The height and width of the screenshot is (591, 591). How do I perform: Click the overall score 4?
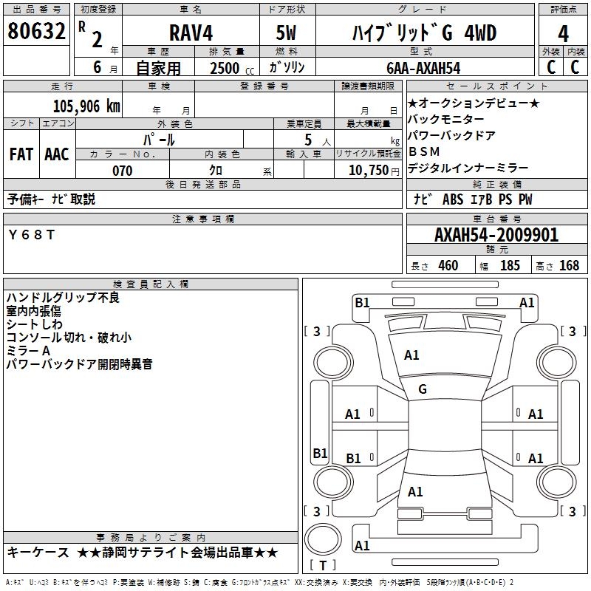(563, 34)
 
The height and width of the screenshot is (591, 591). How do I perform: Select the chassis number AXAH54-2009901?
(496, 236)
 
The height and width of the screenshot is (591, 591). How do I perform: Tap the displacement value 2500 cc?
(231, 68)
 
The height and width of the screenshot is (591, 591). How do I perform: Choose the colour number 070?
(122, 171)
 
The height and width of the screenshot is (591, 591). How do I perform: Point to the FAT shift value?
(21, 154)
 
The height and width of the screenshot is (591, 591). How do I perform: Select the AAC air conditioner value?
(57, 154)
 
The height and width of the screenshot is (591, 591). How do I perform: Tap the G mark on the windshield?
(423, 389)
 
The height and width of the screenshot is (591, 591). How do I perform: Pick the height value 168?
(569, 265)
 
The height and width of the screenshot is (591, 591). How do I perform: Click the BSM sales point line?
(424, 151)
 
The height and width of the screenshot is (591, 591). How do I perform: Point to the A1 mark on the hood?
(411, 355)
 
